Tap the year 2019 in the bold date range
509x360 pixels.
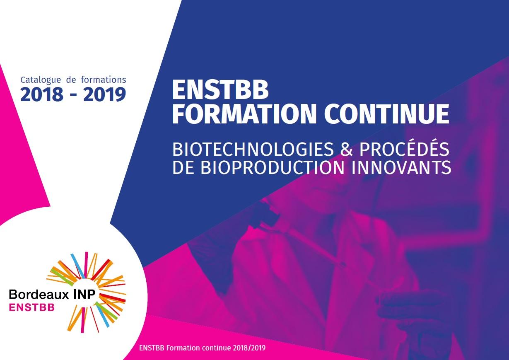coord(104,94)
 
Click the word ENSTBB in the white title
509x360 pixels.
coord(220,90)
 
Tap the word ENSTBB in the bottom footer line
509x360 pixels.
coord(152,348)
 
